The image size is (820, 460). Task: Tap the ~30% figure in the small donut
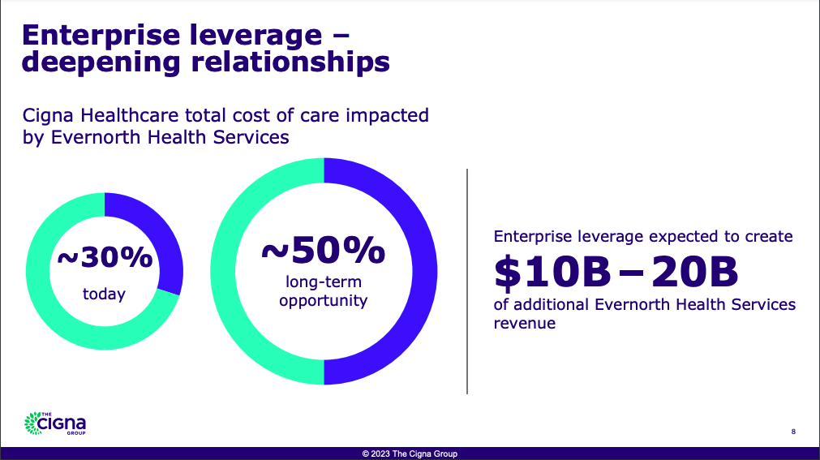click(x=104, y=258)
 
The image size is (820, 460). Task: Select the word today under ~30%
click(x=104, y=294)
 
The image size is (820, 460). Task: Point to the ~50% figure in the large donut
click(x=323, y=251)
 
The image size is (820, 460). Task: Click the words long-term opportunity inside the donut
click(x=323, y=291)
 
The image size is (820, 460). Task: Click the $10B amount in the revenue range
click(x=552, y=273)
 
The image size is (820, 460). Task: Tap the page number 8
click(x=792, y=432)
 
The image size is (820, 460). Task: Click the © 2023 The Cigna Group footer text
click(x=410, y=454)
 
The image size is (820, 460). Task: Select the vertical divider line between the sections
click(x=467, y=281)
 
